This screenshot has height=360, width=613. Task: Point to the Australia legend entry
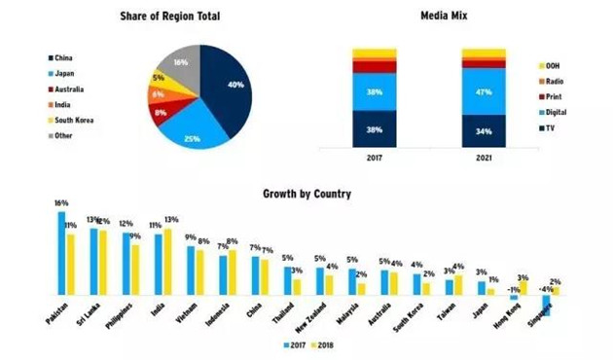point(62,89)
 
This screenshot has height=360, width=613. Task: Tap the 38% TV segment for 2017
point(374,128)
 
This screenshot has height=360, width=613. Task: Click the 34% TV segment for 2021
point(484,130)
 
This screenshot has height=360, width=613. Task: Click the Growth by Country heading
point(306,193)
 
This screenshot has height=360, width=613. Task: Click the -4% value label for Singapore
point(548,289)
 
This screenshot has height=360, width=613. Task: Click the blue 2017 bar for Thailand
point(288,280)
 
